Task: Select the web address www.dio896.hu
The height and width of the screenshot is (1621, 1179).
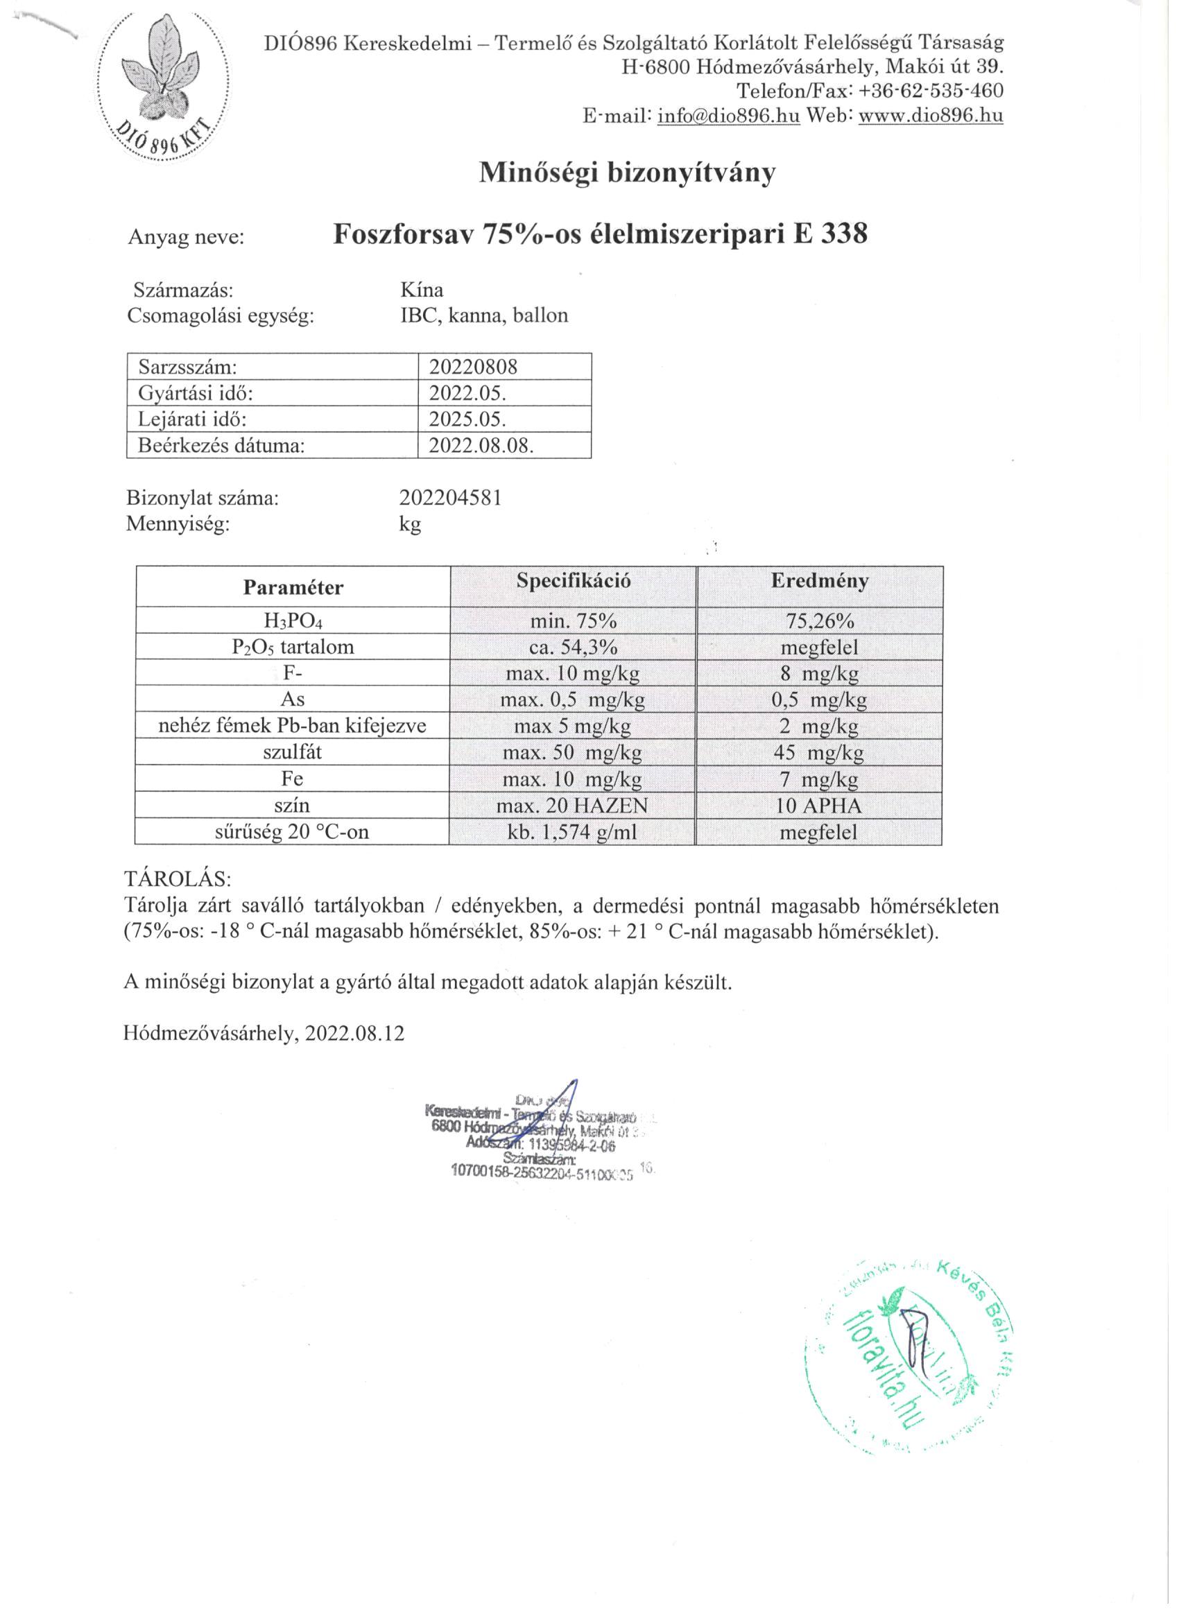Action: coord(930,116)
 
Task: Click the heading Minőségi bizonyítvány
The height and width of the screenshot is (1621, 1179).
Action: coord(626,173)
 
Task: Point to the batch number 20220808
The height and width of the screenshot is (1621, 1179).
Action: coord(472,367)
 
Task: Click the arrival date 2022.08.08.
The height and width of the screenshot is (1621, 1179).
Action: coord(481,445)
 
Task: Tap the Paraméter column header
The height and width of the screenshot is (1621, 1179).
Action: coord(293,587)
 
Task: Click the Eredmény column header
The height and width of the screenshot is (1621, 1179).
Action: coord(819,580)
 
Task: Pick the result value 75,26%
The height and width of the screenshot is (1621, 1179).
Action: coord(819,621)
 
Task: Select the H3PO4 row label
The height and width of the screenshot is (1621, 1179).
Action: coord(293,621)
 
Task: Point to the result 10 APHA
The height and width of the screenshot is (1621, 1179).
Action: coord(818,806)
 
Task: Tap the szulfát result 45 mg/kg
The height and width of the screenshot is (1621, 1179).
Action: coord(818,753)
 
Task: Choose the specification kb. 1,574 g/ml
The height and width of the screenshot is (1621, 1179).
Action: coord(572,832)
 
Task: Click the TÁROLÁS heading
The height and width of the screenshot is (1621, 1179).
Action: coord(178,878)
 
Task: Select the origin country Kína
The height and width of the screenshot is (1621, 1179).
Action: coord(422,290)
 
